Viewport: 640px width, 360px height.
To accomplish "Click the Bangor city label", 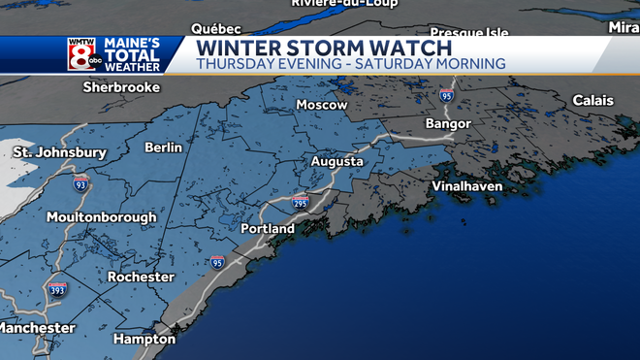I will (448, 124).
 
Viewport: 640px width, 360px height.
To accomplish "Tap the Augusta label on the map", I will (336, 161).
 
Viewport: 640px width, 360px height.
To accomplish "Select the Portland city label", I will (268, 229).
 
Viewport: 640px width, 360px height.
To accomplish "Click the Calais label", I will (592, 101).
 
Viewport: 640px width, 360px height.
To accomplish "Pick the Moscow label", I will (321, 105).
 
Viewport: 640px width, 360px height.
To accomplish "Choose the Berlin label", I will (163, 147).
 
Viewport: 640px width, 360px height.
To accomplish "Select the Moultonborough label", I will (101, 217).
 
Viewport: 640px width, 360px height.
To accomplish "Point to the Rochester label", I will (141, 278).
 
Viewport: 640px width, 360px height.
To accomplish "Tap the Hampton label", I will (144, 340).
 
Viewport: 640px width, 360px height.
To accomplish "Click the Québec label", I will (216, 28).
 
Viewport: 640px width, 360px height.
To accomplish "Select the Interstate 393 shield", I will (58, 289).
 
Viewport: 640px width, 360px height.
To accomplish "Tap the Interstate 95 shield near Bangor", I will (446, 95).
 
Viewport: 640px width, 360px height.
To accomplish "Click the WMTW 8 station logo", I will (80, 54).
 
